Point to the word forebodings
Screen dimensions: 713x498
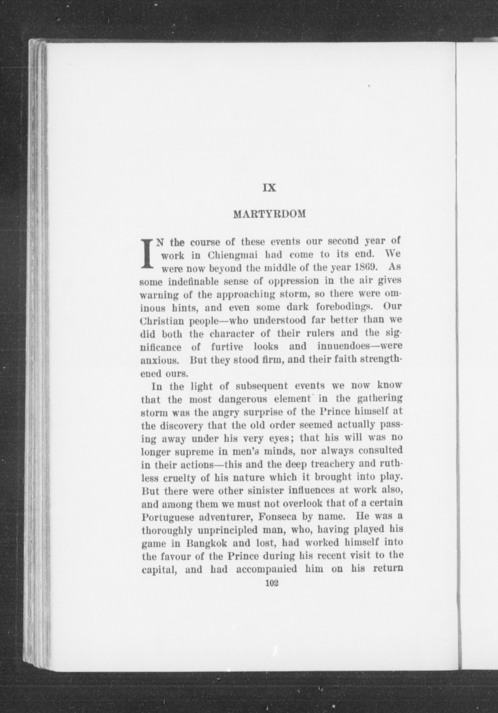pyautogui.click(x=342, y=307)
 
